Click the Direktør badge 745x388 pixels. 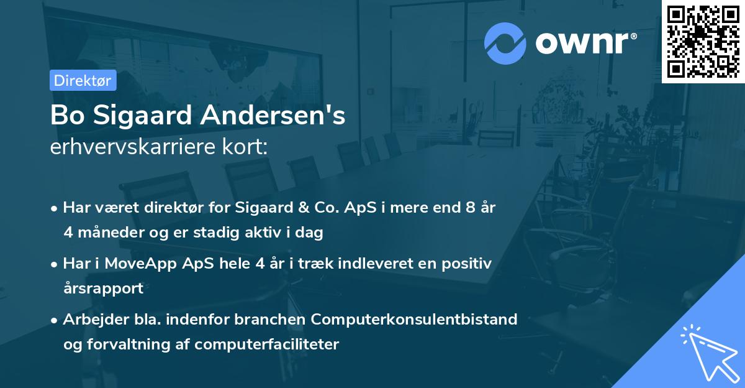83,80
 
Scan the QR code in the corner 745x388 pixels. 703,41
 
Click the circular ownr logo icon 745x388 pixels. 505,44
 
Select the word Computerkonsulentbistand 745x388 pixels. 414,320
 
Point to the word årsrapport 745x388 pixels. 103,289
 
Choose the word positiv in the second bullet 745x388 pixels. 467,264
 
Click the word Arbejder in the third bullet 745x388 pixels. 90,320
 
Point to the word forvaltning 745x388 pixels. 123,344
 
